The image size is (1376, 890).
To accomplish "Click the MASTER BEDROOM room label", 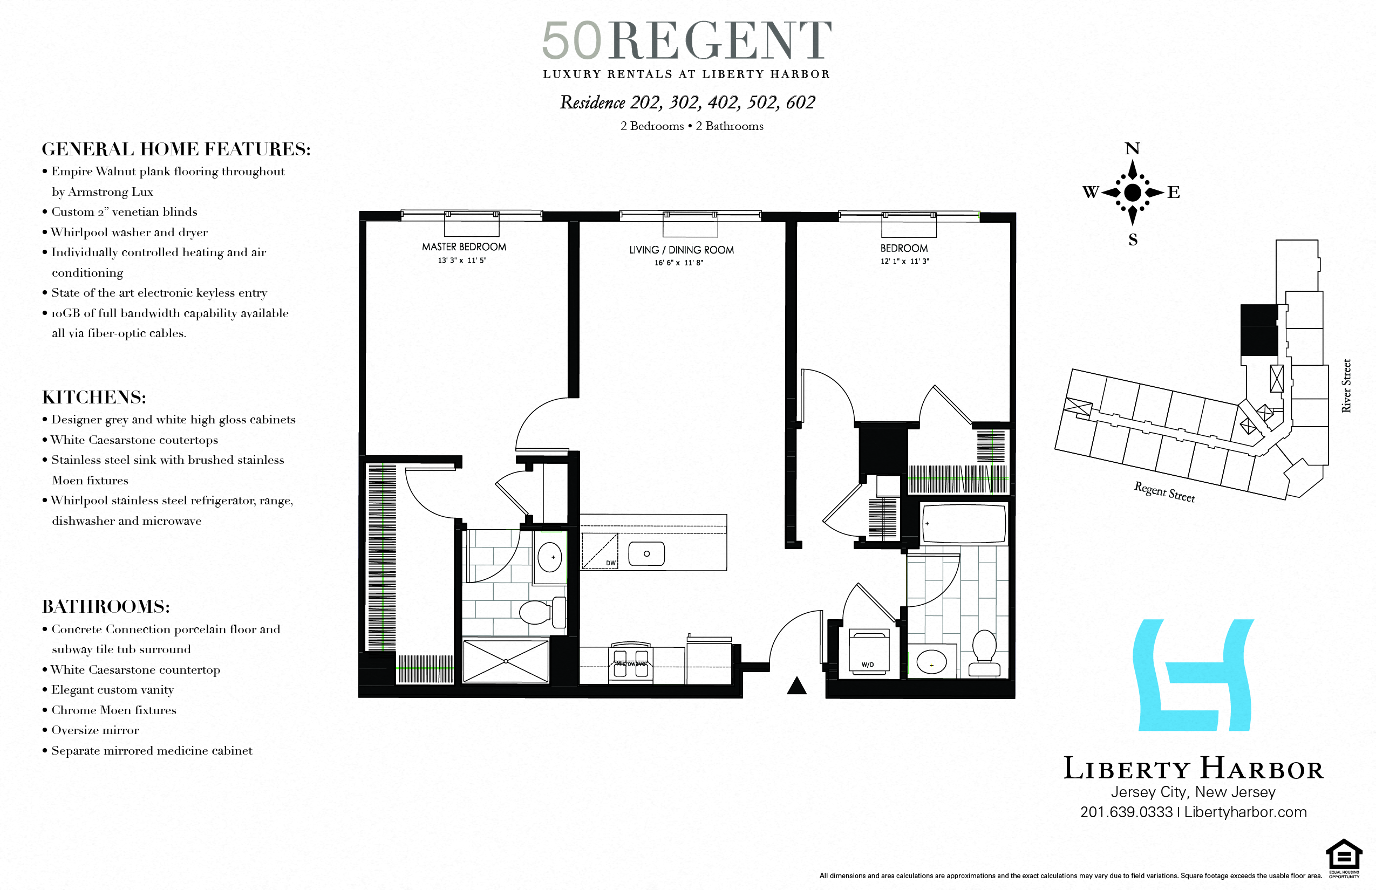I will (464, 247).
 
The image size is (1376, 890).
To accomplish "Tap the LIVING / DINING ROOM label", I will (681, 250).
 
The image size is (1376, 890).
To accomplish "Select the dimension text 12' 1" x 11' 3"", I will (904, 261).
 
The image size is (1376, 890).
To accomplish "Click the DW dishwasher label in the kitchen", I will (610, 562).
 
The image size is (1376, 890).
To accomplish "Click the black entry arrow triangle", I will (796, 686).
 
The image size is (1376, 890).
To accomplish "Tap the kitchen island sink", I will (646, 553).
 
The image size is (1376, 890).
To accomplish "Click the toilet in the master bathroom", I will (541, 612).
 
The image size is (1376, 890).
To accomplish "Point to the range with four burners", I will (631, 662).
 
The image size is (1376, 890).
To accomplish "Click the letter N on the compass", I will (1132, 148).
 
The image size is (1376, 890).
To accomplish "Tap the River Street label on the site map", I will (1346, 386).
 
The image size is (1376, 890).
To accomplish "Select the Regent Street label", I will (1164, 492).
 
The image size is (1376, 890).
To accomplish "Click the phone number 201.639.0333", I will (1126, 812).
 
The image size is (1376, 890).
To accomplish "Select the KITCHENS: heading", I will (94, 397).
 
